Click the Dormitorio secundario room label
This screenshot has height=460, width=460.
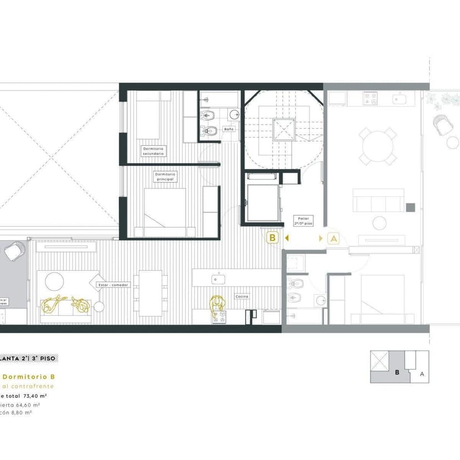coord(152,151)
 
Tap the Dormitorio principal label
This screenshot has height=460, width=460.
coord(165,176)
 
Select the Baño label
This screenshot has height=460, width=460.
coord(228,129)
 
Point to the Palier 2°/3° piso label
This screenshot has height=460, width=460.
coord(305,221)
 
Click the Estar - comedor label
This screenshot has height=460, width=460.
coord(113,285)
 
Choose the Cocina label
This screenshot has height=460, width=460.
coord(242,297)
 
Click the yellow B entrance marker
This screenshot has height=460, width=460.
coord(272,238)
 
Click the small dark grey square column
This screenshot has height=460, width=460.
coord(410,207)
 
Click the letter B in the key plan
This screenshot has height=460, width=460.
coord(397,372)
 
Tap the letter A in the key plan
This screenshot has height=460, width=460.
coord(422,374)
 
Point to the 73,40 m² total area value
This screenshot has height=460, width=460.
coord(34,396)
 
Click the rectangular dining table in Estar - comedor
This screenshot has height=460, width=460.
coord(151,292)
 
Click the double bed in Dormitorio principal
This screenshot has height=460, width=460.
coord(165,207)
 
